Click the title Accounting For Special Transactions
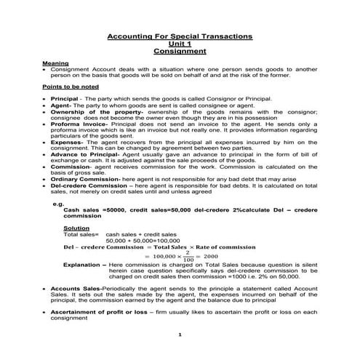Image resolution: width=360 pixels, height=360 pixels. pos(179,36)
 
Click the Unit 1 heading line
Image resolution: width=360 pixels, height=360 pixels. pos(180,44)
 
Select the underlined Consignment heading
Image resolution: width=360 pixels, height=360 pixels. pos(180,52)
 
